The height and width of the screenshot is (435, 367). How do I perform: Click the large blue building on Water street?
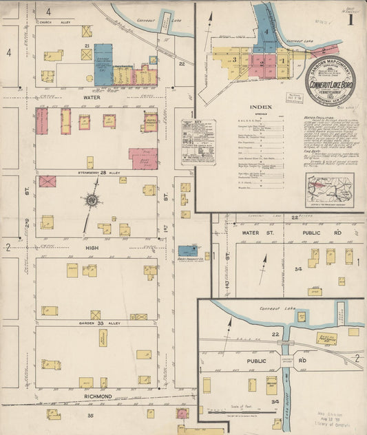(103, 65)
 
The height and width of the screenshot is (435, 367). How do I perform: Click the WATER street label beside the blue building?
(92, 98)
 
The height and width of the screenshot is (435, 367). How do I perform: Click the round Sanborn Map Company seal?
(331, 81)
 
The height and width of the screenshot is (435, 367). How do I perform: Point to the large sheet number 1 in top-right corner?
(351, 19)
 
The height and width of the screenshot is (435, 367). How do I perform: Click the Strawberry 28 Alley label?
(94, 171)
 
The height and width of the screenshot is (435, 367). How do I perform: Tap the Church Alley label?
(55, 22)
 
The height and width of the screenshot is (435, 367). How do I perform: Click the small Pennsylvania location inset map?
(330, 190)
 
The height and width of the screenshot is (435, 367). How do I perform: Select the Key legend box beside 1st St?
(198, 142)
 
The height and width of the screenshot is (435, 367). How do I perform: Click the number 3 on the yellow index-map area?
(234, 60)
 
